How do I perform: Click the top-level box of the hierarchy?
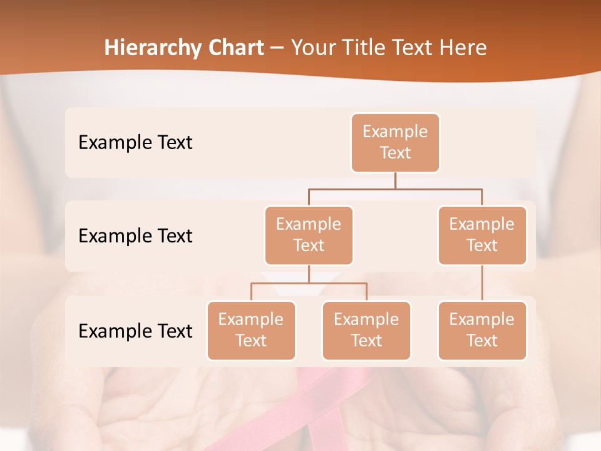coord(395,143)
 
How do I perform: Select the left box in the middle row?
coord(309,236)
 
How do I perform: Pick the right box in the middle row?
coord(482,236)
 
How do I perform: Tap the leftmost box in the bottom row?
coord(251,331)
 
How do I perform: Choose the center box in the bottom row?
coord(366,331)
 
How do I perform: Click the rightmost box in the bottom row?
coord(482,331)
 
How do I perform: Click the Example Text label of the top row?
coord(135,143)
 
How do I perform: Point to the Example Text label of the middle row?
coord(135,236)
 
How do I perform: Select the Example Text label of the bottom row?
coord(135,331)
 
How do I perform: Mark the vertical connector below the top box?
coord(395,180)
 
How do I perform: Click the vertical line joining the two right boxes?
coord(482,283)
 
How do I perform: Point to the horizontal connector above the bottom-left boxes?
coord(309,283)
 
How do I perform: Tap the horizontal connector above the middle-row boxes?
coord(395,189)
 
